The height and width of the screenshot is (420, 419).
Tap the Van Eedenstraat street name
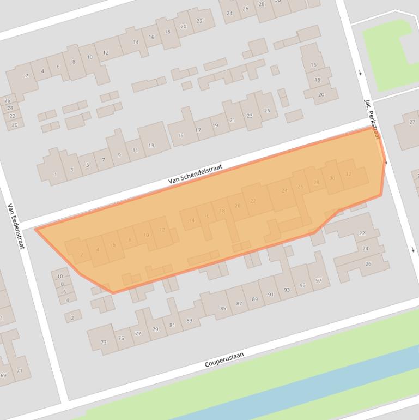point(16,226)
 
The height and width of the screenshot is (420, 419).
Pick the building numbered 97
point(319,281)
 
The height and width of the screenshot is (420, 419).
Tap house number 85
point(223,309)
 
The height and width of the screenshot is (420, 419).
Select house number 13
point(151,146)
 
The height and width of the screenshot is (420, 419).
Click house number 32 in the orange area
point(348,175)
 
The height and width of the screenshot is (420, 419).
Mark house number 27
point(412,122)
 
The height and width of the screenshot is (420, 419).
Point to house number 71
point(20,371)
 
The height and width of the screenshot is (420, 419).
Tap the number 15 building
point(181,135)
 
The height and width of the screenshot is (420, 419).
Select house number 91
point(271,295)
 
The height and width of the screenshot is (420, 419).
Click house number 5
point(87,165)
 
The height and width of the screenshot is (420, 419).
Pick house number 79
point(155,329)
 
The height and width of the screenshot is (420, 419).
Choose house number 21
point(233,120)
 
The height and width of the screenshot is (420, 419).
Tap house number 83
point(189,321)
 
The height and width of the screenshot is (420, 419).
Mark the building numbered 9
point(119,155)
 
